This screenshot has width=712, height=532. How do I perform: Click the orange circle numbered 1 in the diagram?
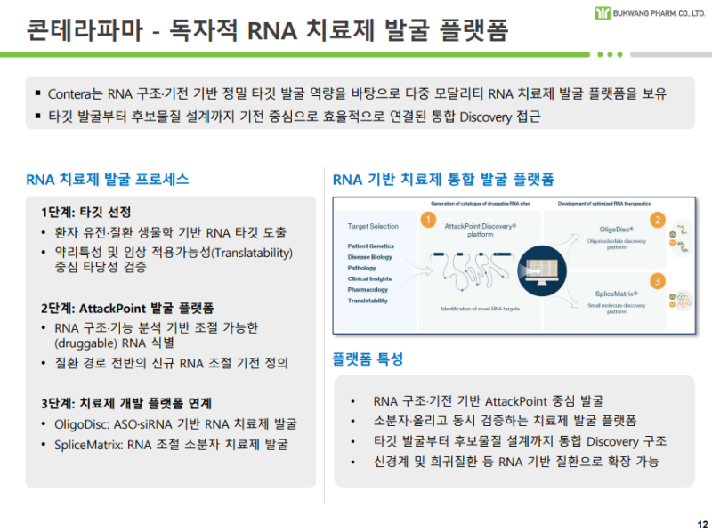(428, 219)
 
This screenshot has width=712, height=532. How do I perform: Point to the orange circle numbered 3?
(658, 281)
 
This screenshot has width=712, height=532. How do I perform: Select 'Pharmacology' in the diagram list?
(368, 290)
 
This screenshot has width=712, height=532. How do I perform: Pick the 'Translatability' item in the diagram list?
(368, 301)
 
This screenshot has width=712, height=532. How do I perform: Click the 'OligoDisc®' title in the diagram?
(616, 230)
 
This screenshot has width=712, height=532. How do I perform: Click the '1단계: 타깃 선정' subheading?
(85, 213)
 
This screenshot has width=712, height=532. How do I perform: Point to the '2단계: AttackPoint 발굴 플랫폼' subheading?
(127, 308)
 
